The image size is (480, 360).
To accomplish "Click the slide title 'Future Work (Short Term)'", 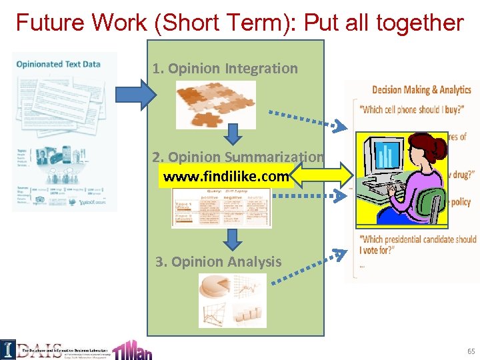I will click(x=239, y=23).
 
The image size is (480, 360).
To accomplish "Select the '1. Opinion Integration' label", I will click(x=225, y=68).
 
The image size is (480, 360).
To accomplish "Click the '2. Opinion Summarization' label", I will click(x=237, y=157).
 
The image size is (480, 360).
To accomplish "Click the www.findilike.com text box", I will click(x=226, y=177).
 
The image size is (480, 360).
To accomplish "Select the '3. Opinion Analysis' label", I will click(x=219, y=262).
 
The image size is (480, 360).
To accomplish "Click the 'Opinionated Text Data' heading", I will click(x=59, y=64).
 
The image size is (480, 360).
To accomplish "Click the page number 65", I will click(x=471, y=351).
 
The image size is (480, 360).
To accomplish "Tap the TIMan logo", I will click(x=131, y=349).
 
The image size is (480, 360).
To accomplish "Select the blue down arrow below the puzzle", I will click(x=231, y=135).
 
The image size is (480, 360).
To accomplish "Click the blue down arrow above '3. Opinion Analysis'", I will click(x=231, y=238).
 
